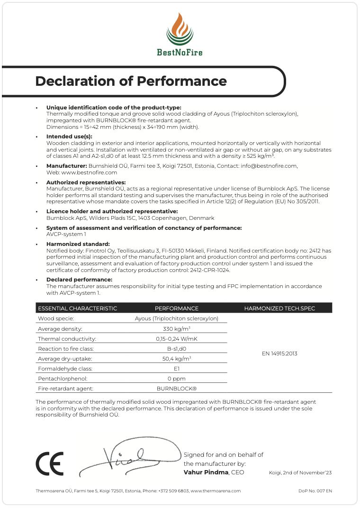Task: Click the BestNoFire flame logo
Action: coord(180,29)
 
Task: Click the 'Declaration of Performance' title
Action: coord(131,81)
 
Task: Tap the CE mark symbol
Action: coord(49,463)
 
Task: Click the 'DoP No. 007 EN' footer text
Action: coord(315,491)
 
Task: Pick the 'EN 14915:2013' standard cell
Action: coord(279,354)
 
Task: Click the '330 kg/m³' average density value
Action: coord(176,328)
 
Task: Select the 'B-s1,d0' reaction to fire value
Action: coord(176,348)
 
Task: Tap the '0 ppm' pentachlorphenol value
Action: coord(176,379)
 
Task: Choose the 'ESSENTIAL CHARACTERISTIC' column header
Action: coord(77,308)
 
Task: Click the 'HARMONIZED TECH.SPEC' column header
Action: coord(279,308)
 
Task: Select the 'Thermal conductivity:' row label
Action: coord(67,339)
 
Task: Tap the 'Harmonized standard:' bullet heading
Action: coord(78,244)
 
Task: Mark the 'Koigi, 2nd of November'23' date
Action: coord(300,473)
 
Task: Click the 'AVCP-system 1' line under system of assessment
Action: coord(66,234)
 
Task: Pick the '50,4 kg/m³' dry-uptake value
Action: coord(176,359)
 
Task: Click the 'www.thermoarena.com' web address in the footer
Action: coord(216,491)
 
